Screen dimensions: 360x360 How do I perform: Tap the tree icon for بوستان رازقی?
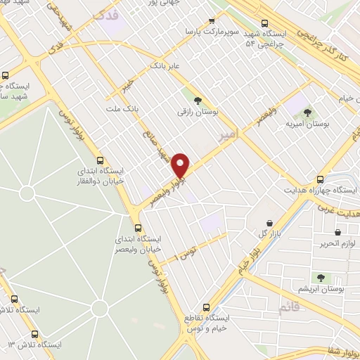click(x=198, y=100)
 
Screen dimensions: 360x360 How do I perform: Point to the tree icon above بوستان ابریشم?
click(x=322, y=278)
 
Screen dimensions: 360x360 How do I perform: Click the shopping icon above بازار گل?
click(x=269, y=223)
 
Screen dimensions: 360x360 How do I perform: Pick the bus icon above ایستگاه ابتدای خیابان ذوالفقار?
click(x=101, y=159)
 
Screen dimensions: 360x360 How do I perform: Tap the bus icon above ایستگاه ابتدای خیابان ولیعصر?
click(x=138, y=227)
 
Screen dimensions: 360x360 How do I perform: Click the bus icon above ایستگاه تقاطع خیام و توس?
click(x=206, y=307)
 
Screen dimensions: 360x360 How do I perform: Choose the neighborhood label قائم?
click(x=290, y=307)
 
